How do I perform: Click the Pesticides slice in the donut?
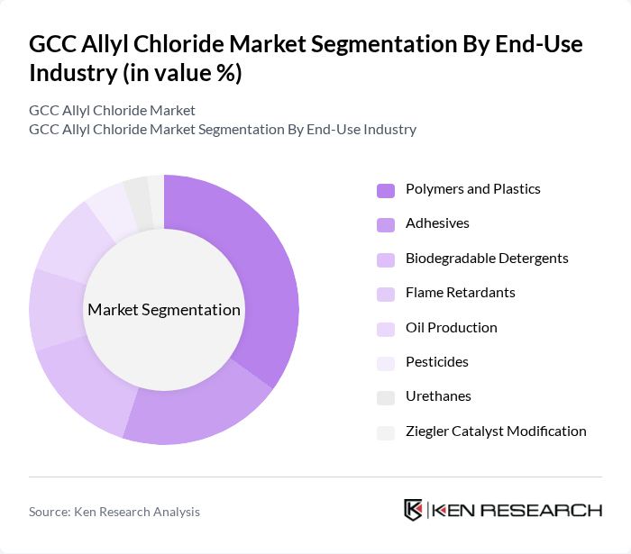[109, 205]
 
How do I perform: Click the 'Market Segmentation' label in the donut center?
[164, 310]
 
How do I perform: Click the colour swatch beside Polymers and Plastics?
[386, 190]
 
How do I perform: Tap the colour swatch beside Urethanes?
[386, 397]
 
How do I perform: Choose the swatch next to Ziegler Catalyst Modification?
[386, 432]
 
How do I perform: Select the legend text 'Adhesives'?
[437, 223]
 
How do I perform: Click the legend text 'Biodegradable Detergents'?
[487, 259]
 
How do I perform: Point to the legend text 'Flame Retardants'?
[460, 293]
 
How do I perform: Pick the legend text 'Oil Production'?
[451, 328]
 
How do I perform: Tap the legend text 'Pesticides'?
[437, 362]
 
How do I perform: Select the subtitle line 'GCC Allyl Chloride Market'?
[112, 111]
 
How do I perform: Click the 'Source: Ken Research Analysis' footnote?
[114, 512]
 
